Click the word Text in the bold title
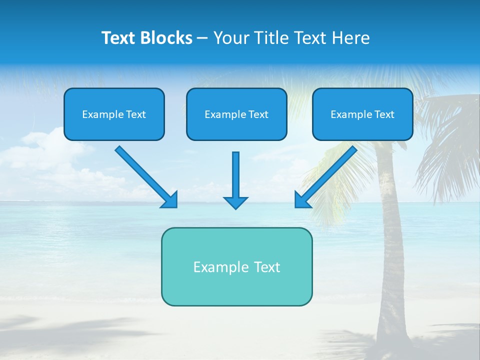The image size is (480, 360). tap(119, 38)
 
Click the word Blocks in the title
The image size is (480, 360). tap(167, 38)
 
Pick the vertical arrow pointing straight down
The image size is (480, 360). tap(235, 172)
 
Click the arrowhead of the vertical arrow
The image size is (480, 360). tap(235, 202)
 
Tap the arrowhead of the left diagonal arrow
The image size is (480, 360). tap(170, 201)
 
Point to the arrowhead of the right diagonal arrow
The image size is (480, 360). tap(301, 200)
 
